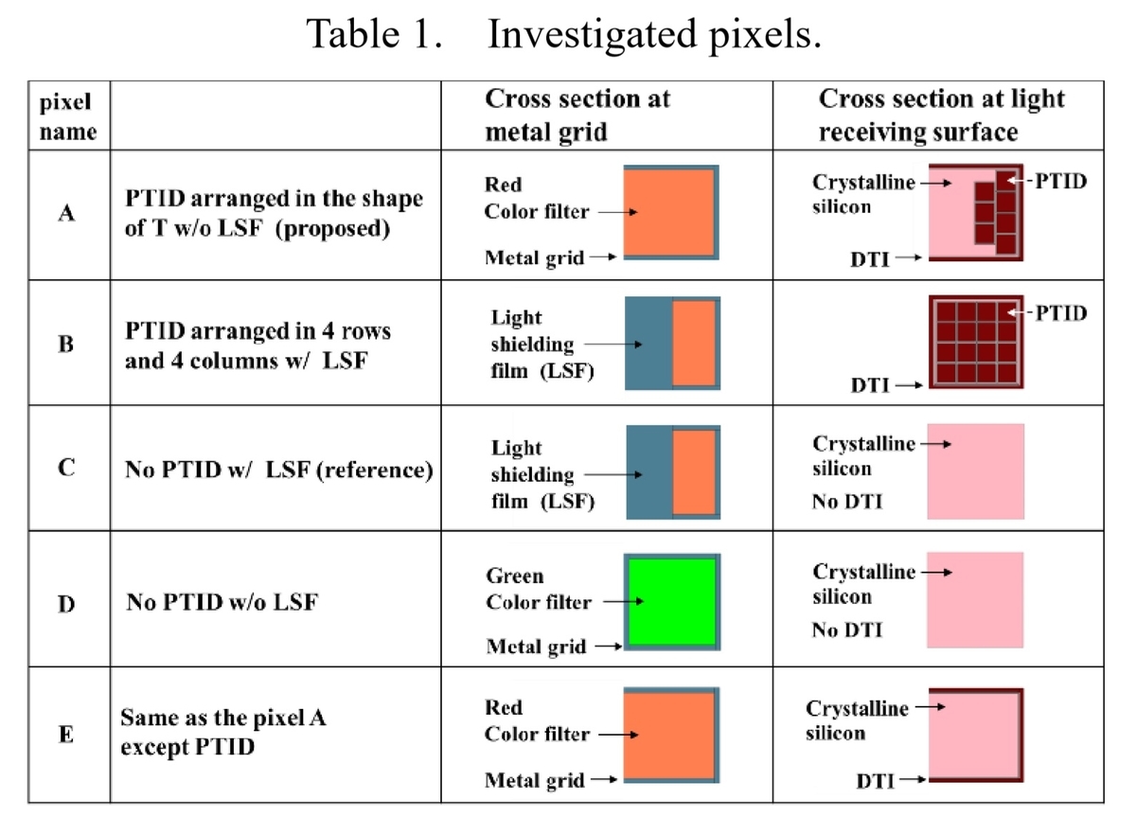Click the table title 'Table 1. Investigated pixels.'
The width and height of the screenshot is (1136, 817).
563,34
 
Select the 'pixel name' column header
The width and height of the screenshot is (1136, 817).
68,116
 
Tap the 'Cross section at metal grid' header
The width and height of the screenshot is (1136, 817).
577,115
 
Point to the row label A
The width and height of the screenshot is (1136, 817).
66,213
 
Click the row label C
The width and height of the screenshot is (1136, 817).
66,467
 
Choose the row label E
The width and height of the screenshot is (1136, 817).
66,734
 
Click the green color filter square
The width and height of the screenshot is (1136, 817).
672,601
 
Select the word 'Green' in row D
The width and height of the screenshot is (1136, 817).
515,576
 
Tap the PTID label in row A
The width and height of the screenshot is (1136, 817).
1061,181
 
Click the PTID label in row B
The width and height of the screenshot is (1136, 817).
1061,313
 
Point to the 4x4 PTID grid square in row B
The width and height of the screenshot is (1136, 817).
976,342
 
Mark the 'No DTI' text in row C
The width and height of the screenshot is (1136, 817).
847,502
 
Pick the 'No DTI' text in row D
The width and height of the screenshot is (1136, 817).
847,630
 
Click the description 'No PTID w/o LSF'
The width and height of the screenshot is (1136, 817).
222,602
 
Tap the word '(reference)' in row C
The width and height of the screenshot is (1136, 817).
375,471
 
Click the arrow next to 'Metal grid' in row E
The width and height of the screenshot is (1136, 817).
604,779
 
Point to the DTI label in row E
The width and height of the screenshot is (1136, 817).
875,781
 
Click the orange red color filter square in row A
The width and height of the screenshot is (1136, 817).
669,212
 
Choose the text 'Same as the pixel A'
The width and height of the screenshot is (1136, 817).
223,718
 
